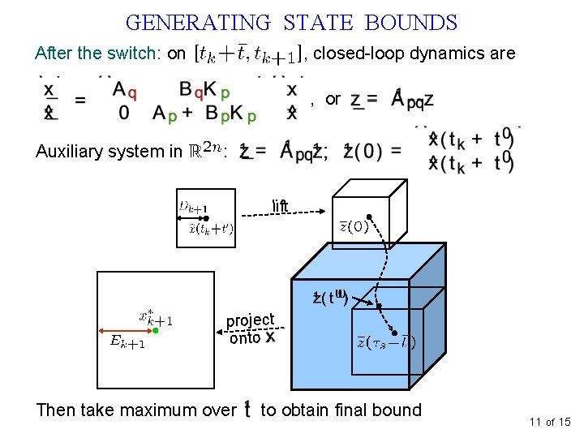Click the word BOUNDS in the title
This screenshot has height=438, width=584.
pos(411,23)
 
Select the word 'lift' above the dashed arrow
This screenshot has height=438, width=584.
pos(280,205)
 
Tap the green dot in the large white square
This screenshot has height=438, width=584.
pos(156,331)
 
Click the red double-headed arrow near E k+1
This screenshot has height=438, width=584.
pos(125,331)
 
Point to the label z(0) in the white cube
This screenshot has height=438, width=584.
pos(354,227)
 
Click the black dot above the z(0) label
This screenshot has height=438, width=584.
pos(369,217)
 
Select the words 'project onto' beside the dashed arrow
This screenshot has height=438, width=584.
pos(251,328)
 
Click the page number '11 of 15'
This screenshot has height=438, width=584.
pos(550,422)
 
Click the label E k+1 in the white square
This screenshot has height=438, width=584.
pos(128,342)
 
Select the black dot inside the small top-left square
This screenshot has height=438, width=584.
pos(205,218)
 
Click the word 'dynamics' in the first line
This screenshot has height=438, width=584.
pos(441,54)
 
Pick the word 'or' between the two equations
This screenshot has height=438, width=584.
pos(333,99)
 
